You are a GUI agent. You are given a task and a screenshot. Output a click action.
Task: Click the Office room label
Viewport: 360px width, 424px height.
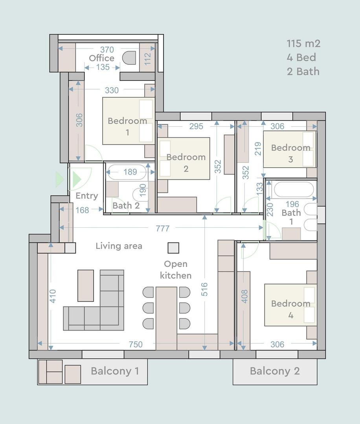coord(101,58)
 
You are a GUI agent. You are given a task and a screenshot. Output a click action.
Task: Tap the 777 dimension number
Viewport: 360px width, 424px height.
coord(162,228)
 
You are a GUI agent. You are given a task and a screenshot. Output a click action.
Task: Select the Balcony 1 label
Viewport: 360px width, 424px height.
coord(115,371)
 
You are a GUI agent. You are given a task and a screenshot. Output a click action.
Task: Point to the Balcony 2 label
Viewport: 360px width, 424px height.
coord(275,371)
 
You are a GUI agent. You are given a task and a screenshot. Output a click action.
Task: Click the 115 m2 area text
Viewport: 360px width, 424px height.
coord(303,43)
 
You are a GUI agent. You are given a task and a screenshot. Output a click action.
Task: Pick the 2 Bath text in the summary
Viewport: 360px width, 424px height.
coord(303,71)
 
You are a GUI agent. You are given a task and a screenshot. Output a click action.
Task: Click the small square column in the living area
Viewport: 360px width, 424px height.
coord(173,248)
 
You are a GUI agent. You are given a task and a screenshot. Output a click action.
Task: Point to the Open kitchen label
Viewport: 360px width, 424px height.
coord(176,270)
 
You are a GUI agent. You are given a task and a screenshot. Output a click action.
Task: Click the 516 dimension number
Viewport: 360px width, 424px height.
coord(204,289)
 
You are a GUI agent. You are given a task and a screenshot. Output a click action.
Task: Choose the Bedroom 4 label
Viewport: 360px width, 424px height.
coord(291,309)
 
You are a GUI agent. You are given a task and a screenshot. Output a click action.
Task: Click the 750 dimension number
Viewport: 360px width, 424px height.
coord(136,344)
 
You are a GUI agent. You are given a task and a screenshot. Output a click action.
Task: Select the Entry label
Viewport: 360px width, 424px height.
coord(86,196)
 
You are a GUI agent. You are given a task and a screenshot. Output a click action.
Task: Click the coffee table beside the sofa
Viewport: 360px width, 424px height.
coord(86,285)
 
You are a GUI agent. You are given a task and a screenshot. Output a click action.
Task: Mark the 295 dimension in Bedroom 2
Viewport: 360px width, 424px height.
coord(196,126)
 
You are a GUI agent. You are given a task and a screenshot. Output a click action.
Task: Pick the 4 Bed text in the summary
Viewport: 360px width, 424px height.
coord(301,57)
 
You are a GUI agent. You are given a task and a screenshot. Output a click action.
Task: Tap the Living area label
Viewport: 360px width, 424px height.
coord(119,246)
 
